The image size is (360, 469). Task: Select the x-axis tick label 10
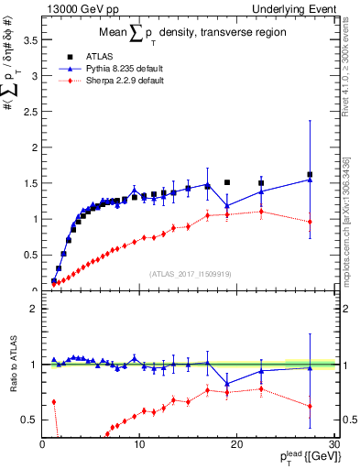pyautogui.click(x=139, y=444)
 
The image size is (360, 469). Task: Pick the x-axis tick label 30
pyautogui.click(x=333, y=444)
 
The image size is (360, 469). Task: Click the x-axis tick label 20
pyautogui.click(x=236, y=444)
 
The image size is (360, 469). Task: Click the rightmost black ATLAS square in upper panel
pyautogui.click(x=310, y=175)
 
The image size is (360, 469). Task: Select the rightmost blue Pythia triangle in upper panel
pyautogui.click(x=310, y=180)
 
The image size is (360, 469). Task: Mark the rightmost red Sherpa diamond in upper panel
pyautogui.click(x=310, y=222)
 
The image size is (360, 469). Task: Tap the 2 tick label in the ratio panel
pyautogui.click(x=30, y=309)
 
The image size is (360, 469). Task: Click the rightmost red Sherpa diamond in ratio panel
pyautogui.click(x=310, y=406)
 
